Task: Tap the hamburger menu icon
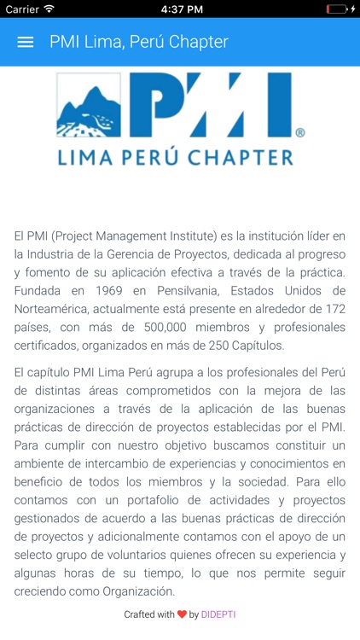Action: [26, 42]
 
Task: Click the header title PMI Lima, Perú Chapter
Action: [139, 42]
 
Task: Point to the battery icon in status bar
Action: [337, 9]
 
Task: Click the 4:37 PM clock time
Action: [180, 9]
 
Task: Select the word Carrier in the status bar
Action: [22, 9]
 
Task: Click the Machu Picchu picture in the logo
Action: [89, 106]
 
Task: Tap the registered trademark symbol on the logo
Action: [299, 133]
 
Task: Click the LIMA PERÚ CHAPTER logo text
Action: [176, 157]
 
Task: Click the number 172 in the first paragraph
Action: [334, 309]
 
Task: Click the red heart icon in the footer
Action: [182, 614]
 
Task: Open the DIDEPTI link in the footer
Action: [218, 614]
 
